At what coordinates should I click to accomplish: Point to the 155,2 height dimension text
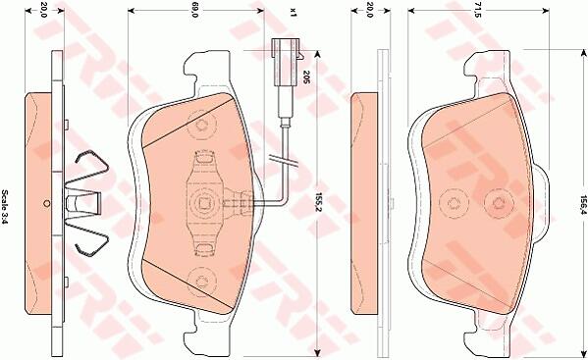point(319,204)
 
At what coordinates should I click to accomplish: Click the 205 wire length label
point(305,77)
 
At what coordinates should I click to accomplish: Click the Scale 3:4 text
point(5,206)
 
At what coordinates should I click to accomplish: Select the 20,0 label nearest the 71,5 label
point(370,10)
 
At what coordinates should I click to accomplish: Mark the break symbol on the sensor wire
point(285,161)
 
